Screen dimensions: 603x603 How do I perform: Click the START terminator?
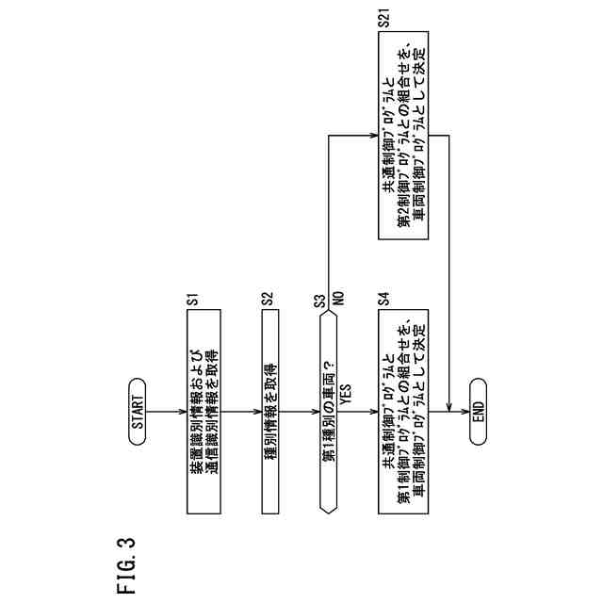pos(138,412)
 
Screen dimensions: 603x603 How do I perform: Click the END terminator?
pos(477,412)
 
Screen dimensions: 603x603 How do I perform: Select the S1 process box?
pos(207,412)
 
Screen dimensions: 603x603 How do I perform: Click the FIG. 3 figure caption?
pos(125,565)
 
